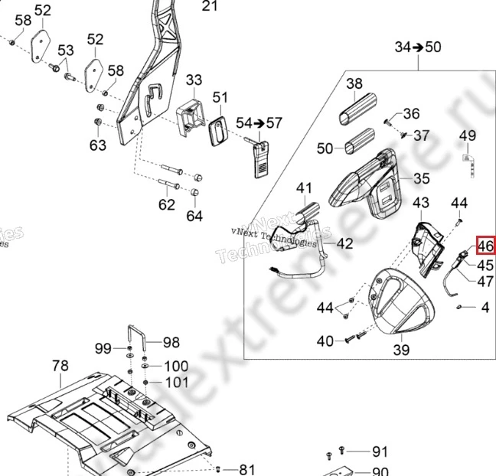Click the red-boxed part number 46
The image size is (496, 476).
point(485,246)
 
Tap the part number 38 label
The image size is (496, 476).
point(354,83)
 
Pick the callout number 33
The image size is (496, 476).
point(194,80)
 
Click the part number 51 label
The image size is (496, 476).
point(220,97)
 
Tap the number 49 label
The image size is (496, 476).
point(467,136)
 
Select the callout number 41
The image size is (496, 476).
point(305,188)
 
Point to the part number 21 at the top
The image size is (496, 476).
point(210,7)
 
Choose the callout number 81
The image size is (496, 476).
point(247,469)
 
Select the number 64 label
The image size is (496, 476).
point(194,216)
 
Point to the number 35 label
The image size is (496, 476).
point(422,179)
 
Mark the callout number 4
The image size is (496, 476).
point(485,308)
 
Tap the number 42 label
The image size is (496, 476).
point(345,244)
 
